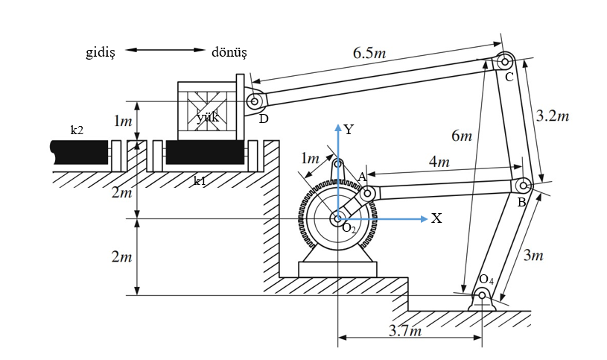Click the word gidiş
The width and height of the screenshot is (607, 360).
[x=101, y=52]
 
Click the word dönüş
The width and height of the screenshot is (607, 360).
[x=229, y=52]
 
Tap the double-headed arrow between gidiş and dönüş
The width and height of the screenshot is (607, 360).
[x=165, y=51]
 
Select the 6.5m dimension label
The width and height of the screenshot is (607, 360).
[x=369, y=53]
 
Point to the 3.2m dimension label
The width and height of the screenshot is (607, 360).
[x=553, y=116]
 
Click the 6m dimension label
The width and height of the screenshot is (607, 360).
[x=462, y=136]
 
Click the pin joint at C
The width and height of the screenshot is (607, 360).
[x=504, y=61]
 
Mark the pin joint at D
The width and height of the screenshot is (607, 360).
[x=254, y=101]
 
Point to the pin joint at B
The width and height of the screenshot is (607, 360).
[x=523, y=185]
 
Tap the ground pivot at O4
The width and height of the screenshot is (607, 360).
[x=483, y=296]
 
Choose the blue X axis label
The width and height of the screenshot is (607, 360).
[x=436, y=218]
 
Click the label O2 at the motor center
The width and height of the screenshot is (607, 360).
[x=349, y=228]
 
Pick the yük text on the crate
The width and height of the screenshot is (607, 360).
[x=207, y=117]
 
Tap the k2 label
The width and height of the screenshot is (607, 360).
[x=77, y=130]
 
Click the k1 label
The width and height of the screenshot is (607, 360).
[x=200, y=180]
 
